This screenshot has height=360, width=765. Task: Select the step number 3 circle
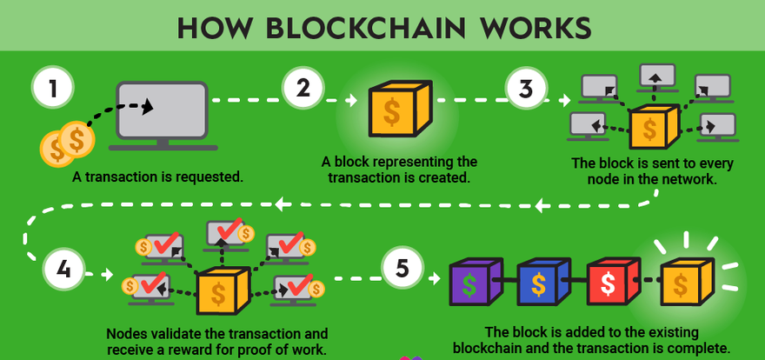coord(528,89)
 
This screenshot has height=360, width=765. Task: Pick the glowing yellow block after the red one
coord(684,281)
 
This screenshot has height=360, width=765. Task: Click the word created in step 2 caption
coord(444,177)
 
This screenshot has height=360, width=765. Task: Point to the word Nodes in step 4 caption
coord(126,333)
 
